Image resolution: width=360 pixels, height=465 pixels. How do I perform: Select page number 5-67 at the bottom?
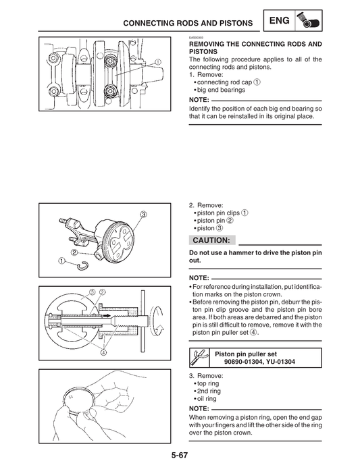[179, 456]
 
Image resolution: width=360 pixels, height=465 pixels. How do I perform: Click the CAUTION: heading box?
[211, 240]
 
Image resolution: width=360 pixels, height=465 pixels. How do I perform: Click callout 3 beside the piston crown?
[144, 214]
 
